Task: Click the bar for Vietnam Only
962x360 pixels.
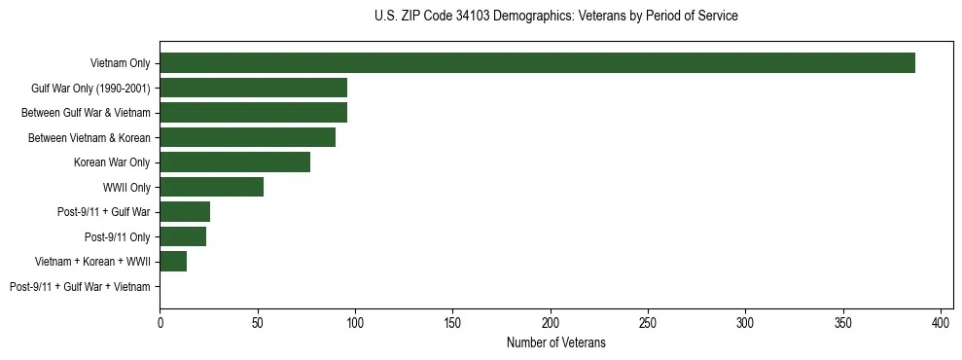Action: [x=537, y=63]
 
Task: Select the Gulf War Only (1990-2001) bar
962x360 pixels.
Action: [x=253, y=88]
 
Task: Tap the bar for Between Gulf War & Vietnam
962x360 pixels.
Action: [x=253, y=113]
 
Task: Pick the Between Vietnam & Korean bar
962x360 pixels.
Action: [x=247, y=137]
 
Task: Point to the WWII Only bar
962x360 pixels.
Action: [x=211, y=187]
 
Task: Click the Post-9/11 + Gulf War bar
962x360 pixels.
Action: [x=185, y=212]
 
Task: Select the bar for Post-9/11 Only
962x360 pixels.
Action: [x=183, y=236]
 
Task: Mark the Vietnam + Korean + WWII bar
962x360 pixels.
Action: [x=173, y=262]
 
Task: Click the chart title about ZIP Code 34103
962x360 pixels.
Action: [x=555, y=17]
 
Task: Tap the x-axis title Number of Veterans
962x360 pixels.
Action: [x=555, y=342]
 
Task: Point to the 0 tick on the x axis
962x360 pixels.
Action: [x=160, y=321]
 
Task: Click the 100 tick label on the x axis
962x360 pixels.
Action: [x=355, y=321]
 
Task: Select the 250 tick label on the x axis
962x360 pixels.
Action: [x=648, y=321]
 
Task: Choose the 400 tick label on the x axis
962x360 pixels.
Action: [x=941, y=321]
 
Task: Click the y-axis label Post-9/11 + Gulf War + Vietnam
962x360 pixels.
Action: [x=80, y=287]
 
